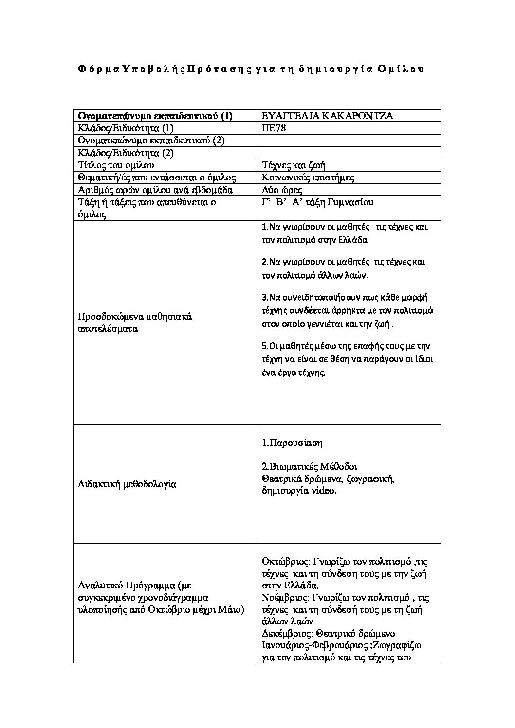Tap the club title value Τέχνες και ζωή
290,165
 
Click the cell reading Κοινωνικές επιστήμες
308,178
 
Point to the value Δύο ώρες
282,190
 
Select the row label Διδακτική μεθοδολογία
127,484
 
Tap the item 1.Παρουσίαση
292,444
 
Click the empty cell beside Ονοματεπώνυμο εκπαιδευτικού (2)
349,141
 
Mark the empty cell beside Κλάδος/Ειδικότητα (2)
349,153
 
